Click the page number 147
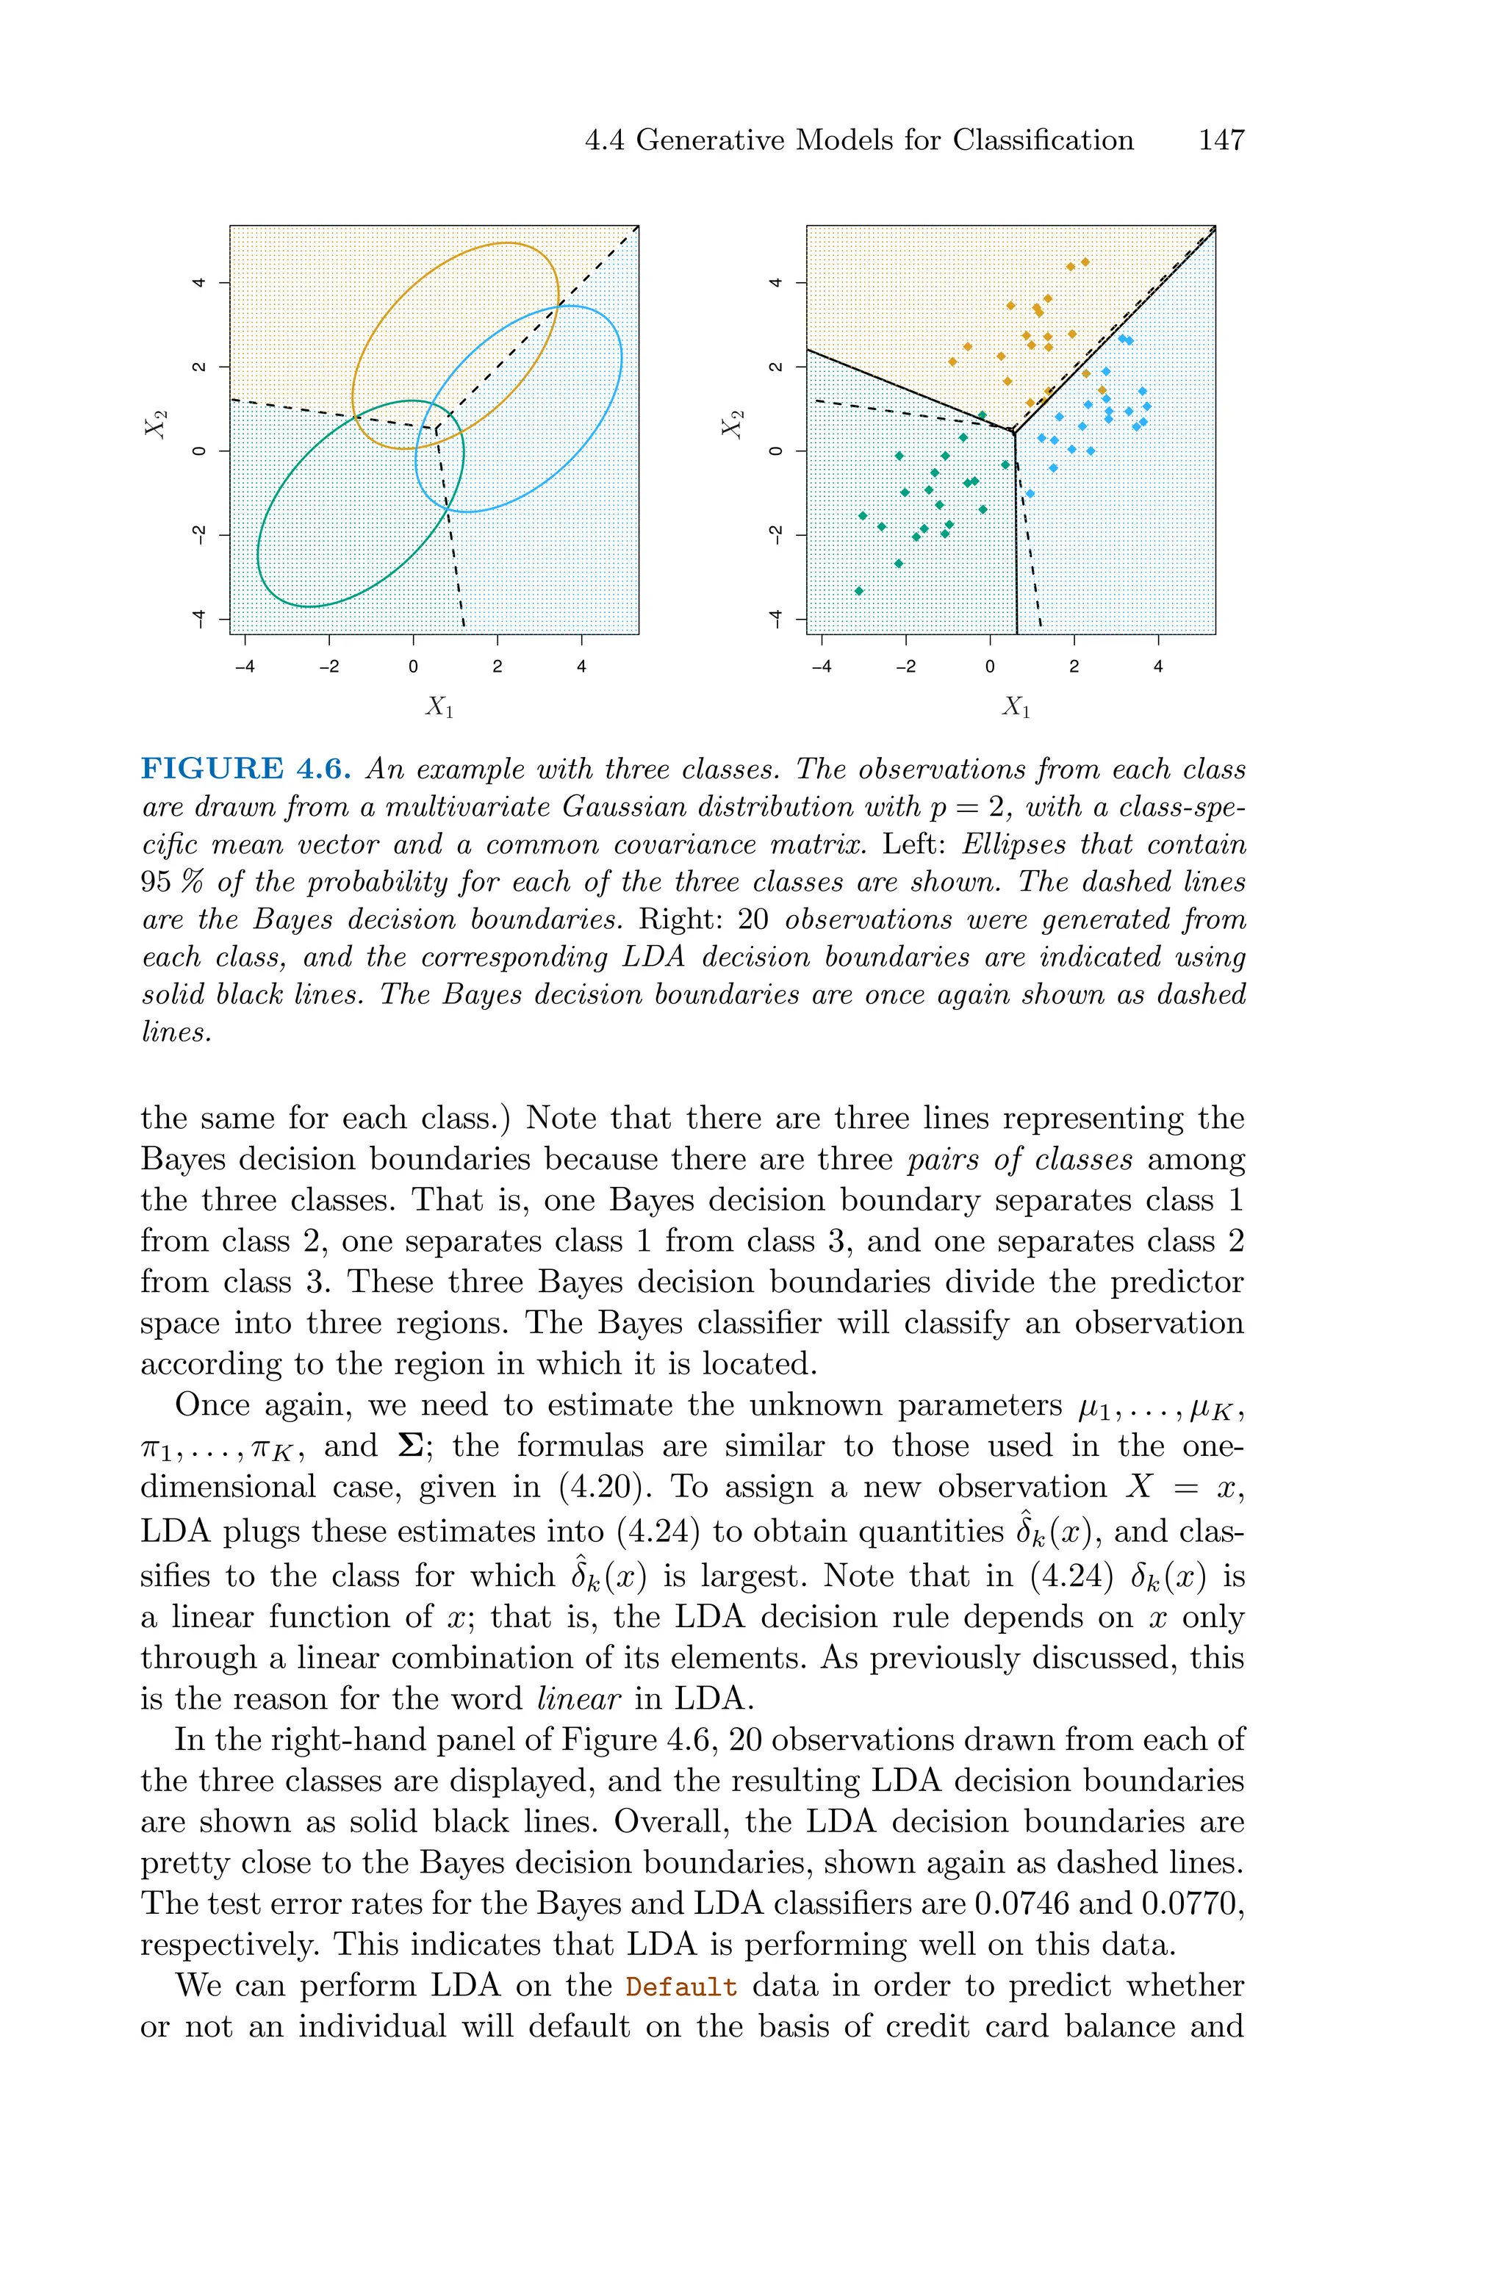[x=1221, y=140]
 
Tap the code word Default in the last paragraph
[x=681, y=1987]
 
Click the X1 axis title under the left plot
[x=439, y=708]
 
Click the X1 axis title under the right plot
[x=1016, y=708]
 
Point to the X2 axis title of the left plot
[x=157, y=423]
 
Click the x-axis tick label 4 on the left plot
[x=582, y=667]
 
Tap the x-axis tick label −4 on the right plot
[x=821, y=667]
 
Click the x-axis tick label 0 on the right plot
[x=990, y=667]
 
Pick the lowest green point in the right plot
[x=859, y=591]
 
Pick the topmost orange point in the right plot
[x=1085, y=262]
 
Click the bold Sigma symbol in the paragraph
[x=417, y=1446]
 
